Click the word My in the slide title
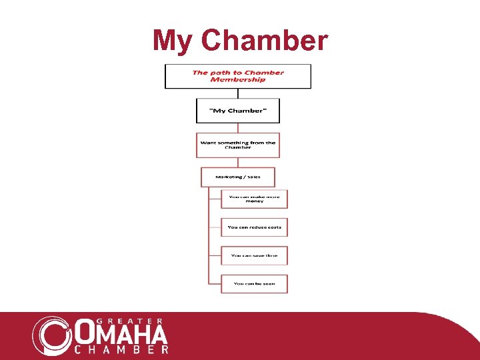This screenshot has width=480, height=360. [x=173, y=41]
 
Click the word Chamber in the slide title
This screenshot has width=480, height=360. [x=264, y=41]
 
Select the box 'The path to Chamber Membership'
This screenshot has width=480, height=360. [x=238, y=76]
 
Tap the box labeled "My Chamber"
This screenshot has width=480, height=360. [x=238, y=111]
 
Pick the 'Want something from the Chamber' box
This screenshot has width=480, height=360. [x=238, y=145]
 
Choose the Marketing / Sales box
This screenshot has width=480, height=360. [x=238, y=177]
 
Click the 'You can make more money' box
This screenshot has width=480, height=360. [x=255, y=199]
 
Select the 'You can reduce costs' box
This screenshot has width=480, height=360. [x=255, y=227]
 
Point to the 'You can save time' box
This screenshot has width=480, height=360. [x=255, y=255]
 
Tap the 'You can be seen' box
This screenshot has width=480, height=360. [x=255, y=283]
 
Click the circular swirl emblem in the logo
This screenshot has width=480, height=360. [x=52, y=334]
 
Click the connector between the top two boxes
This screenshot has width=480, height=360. [x=238, y=93]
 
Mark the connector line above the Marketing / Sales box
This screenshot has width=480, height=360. [x=238, y=162]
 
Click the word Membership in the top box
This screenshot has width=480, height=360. [x=238, y=80]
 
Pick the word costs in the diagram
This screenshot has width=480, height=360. [x=273, y=227]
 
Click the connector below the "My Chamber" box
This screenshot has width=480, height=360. [x=238, y=128]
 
